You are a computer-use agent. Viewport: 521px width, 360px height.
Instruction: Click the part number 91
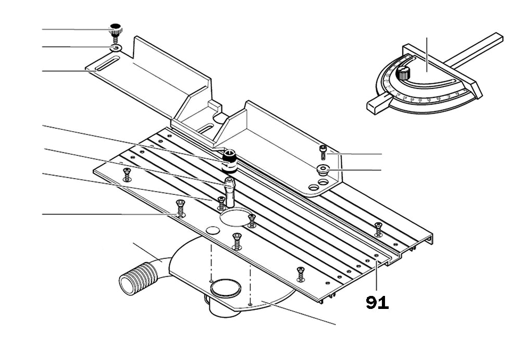[x=377, y=303]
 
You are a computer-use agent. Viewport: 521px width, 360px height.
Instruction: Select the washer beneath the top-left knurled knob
[x=116, y=48]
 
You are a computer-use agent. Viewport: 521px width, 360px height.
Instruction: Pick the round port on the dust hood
[x=225, y=288]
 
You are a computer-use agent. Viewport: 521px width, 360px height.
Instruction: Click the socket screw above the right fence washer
[x=322, y=152]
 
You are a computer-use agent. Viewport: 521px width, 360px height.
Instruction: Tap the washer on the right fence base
[x=322, y=169]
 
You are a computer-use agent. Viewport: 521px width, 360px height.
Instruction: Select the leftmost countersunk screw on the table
[x=126, y=174]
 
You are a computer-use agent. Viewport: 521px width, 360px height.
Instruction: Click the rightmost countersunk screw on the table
[x=379, y=228]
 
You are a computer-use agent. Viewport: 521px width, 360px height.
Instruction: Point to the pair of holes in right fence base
[x=318, y=184]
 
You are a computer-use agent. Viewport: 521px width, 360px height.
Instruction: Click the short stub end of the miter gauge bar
[x=376, y=103]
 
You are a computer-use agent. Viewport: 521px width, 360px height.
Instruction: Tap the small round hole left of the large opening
[x=212, y=230]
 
